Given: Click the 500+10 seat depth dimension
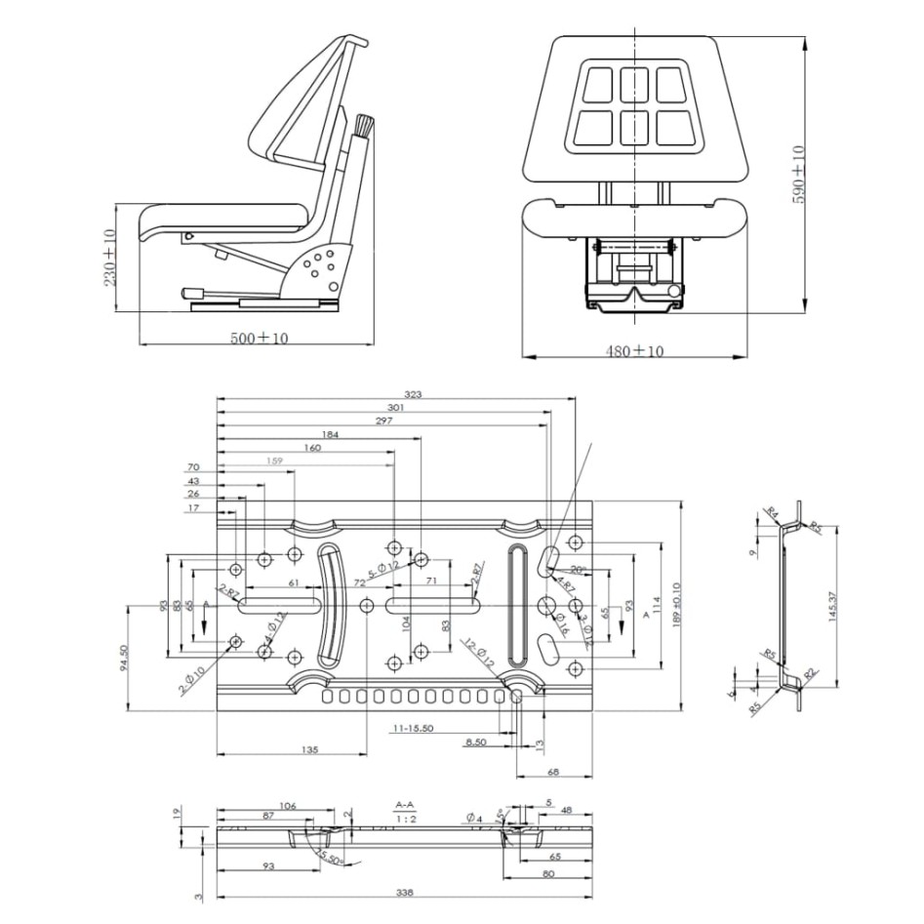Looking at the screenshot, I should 259,338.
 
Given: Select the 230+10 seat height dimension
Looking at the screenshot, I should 108,258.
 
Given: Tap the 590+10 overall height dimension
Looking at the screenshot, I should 798,173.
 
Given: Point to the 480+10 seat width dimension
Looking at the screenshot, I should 633,350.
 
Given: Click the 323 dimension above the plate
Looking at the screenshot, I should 414,394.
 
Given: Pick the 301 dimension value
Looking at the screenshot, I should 395,408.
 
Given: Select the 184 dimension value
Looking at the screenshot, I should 329,434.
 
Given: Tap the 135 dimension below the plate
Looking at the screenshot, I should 309,750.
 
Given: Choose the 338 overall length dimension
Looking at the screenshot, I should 404,891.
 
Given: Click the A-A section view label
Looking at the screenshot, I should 405,805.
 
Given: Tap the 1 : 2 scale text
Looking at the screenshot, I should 405,820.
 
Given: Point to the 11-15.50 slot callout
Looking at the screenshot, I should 414,728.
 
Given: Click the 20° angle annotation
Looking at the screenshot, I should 577,569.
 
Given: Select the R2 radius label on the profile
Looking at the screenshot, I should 809,673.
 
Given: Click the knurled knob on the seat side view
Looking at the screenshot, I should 364,126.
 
